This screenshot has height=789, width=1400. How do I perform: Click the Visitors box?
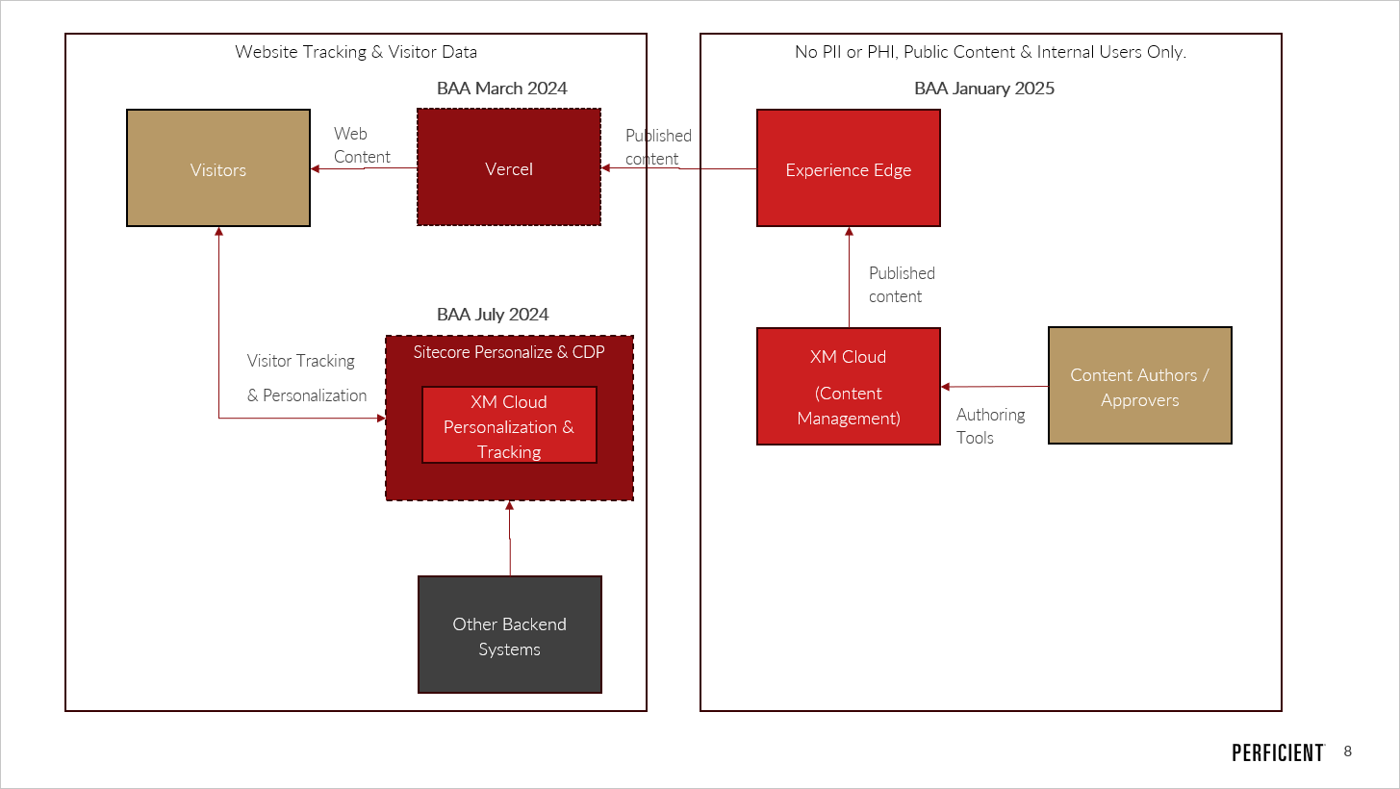coord(218,168)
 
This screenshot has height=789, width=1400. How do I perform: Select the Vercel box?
coord(508,167)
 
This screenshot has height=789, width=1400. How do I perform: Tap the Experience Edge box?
coord(848,168)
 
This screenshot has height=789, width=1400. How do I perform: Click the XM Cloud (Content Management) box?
coord(848,386)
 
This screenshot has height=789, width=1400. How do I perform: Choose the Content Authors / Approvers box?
coord(1139,386)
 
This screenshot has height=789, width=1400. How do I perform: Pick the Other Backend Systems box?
coord(509,635)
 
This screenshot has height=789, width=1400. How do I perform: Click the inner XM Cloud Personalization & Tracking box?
coord(509,425)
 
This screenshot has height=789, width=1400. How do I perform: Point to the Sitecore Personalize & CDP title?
coord(509,352)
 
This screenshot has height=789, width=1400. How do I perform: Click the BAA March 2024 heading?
coord(501,89)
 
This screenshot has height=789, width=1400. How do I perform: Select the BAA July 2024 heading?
coord(493,315)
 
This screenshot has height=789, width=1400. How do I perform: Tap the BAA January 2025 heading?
coord(983,89)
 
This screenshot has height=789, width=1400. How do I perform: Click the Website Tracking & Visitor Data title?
coord(355,52)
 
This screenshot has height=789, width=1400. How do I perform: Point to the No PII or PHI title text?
coord(990,52)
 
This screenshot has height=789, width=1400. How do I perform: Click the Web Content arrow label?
coord(362,145)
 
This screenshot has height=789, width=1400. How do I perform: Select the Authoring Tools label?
coord(990,426)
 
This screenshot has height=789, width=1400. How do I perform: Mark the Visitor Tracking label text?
coord(301,361)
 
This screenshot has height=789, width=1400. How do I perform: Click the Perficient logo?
coord(1277,752)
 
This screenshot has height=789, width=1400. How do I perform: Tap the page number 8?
coord(1347,751)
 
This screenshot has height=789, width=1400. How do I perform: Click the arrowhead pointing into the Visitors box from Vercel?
coord(316,169)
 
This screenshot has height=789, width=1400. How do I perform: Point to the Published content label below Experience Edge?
coord(901,285)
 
